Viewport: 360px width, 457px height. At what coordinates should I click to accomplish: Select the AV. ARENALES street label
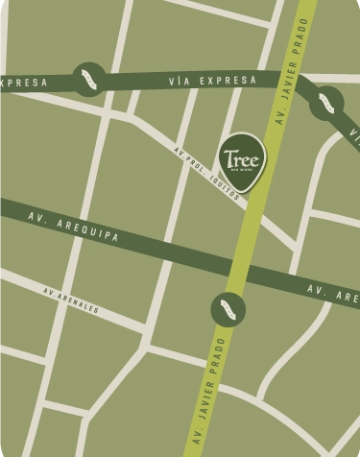[71, 301]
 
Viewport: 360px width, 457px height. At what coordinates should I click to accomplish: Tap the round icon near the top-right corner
[327, 102]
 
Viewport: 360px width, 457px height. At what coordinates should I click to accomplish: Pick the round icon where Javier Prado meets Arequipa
[228, 309]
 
